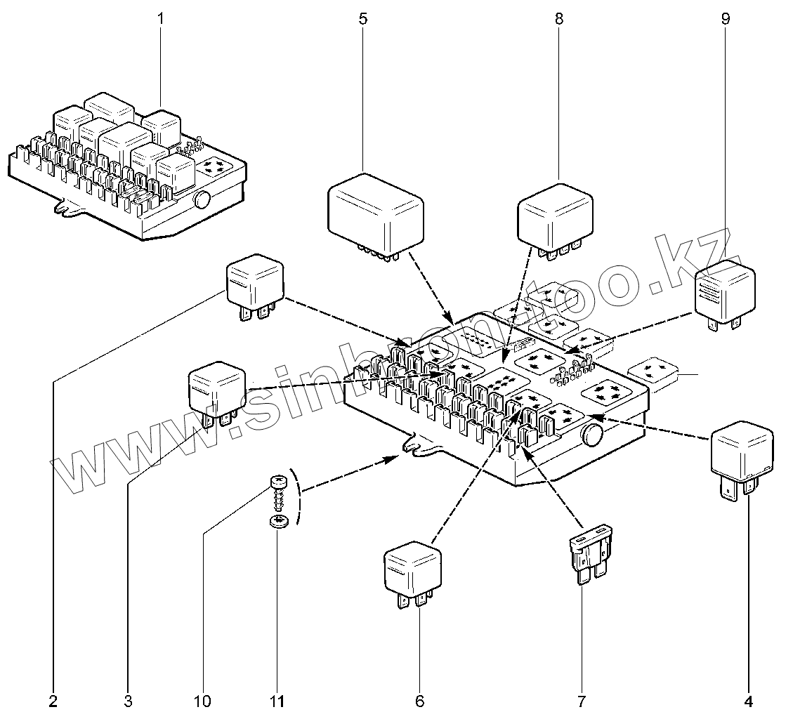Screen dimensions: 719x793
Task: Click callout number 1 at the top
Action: (160, 19)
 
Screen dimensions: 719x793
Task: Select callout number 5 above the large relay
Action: (362, 19)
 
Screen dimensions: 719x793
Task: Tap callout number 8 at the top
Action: (559, 19)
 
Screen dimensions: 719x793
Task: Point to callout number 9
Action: (726, 19)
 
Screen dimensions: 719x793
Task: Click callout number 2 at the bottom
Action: (53, 701)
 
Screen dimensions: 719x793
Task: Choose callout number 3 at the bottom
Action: (128, 701)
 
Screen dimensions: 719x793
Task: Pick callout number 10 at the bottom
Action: (202, 701)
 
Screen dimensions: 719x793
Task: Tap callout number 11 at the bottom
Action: (278, 701)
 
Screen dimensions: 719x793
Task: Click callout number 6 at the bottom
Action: (420, 701)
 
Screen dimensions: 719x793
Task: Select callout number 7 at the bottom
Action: (581, 701)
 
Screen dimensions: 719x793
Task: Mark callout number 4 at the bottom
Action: (749, 701)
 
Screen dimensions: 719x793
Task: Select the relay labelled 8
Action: (555, 215)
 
